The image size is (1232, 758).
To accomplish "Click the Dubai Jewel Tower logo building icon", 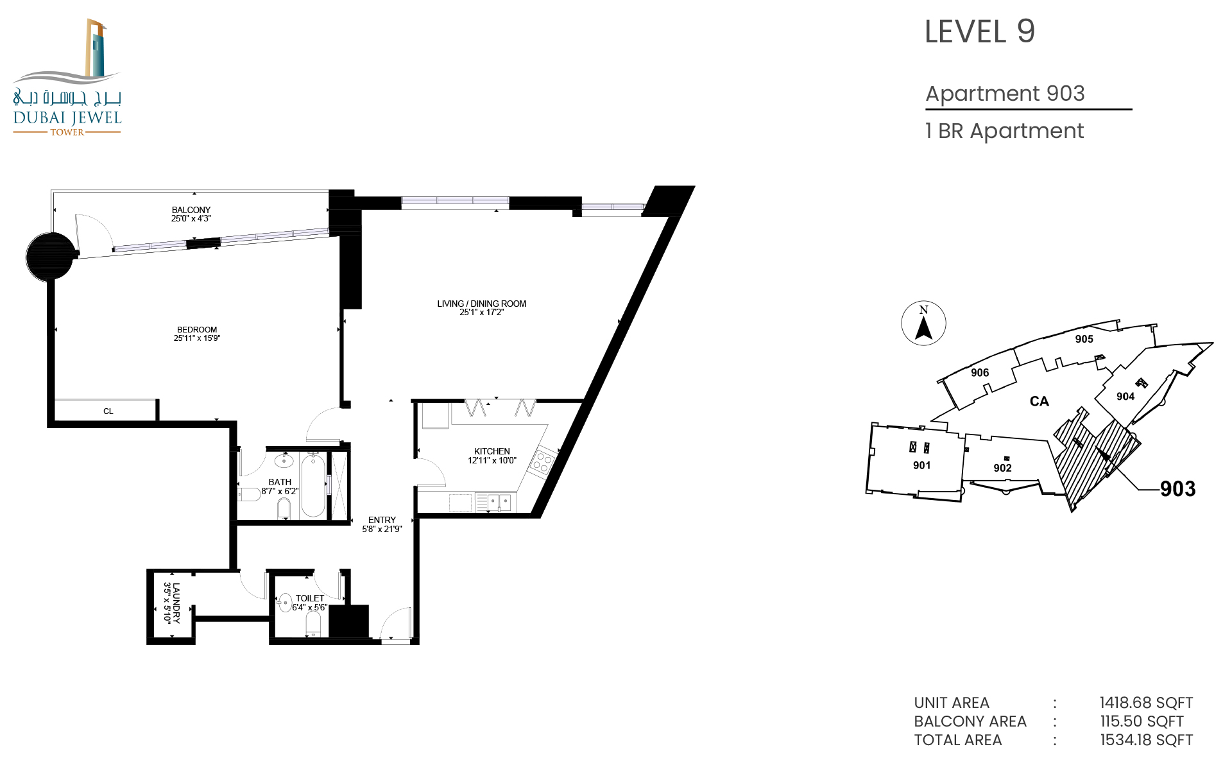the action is coord(96,48).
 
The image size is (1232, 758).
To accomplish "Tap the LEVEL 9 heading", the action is coord(980,31).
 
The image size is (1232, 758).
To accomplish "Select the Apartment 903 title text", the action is coord(1005,94).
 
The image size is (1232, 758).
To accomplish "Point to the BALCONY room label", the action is coord(191,210).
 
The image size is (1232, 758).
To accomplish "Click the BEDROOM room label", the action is coord(197,330).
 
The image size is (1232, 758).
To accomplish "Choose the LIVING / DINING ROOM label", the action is coord(482,304).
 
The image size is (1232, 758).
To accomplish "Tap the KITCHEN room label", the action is coord(492,451).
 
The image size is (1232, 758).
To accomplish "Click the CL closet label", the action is coord(108,411).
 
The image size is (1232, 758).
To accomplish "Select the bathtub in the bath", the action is coord(313,485).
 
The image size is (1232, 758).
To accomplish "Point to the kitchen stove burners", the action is coord(542,462).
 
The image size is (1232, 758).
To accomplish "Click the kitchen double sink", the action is coord(499,501).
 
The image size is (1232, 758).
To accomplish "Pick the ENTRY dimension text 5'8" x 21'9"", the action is coord(382,529).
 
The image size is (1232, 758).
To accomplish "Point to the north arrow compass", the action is coord(923,323).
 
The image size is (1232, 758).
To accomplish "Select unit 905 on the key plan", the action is coord(1084,339).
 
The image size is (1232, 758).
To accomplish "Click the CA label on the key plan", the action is coord(1039,401).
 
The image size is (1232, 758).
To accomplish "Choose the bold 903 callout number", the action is coord(1178,489).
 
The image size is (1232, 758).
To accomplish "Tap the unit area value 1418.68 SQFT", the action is coord(1147,703).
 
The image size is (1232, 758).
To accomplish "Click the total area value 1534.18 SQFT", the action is coord(1147,740).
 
